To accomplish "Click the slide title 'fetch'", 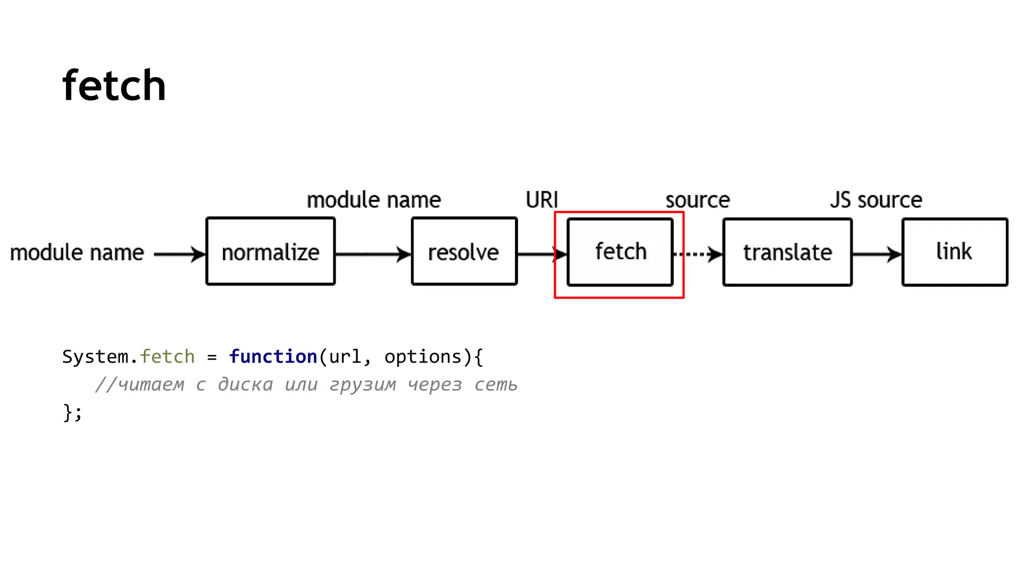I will [114, 86].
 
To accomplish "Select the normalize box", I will [270, 252].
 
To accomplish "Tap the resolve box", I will [464, 252].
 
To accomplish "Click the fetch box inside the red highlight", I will [620, 252].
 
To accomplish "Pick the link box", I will [955, 252].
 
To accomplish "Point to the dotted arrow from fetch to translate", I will [698, 254].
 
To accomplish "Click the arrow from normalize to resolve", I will [373, 254].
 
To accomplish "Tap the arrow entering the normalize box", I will [180, 254].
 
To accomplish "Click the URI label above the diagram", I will [542, 200].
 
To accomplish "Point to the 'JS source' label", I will [876, 200].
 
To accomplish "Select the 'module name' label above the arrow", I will [374, 200].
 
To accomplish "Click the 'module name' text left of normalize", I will [77, 253].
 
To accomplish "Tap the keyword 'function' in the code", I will [273, 357].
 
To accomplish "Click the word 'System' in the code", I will [95, 357].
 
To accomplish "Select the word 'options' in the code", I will [423, 357].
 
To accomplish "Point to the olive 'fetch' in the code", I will [167, 357].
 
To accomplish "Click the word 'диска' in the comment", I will [245, 385].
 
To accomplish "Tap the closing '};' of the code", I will [72, 412].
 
